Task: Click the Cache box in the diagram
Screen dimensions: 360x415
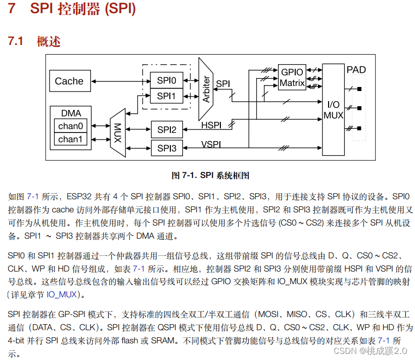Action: (x=69, y=81)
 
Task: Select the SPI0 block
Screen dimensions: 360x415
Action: (x=166, y=80)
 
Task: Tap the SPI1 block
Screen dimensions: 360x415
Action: (x=166, y=96)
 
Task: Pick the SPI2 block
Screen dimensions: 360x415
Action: (x=166, y=130)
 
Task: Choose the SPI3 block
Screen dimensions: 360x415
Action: (x=166, y=148)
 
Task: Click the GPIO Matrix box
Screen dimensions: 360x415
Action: (x=292, y=78)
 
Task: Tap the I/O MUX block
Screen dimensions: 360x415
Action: (x=333, y=110)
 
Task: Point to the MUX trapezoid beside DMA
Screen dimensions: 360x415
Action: (x=117, y=133)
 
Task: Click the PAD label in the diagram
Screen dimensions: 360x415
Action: (x=356, y=70)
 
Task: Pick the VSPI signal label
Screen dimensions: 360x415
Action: (x=211, y=144)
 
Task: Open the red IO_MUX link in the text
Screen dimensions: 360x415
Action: (x=63, y=294)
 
